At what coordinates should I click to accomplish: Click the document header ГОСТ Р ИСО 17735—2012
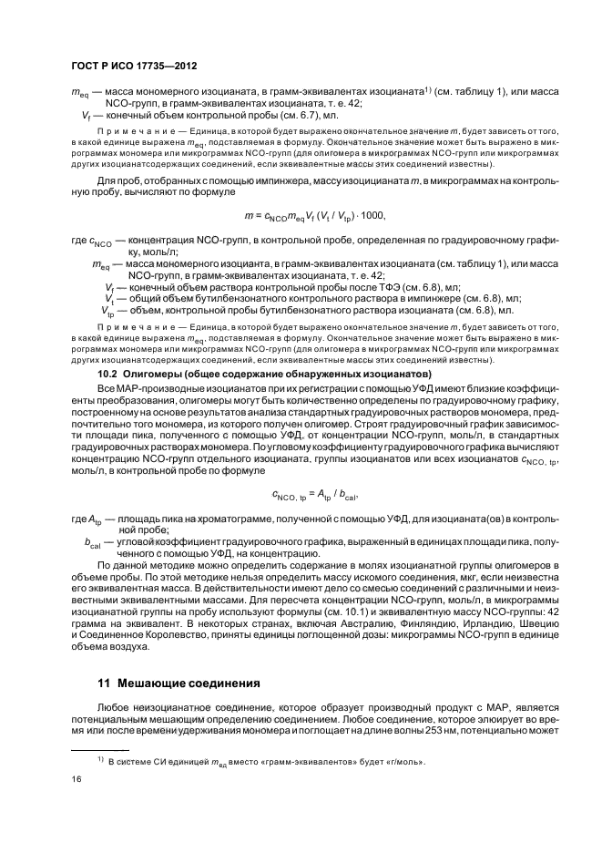pos(134,67)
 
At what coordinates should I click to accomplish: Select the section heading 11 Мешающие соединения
pos(179,683)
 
